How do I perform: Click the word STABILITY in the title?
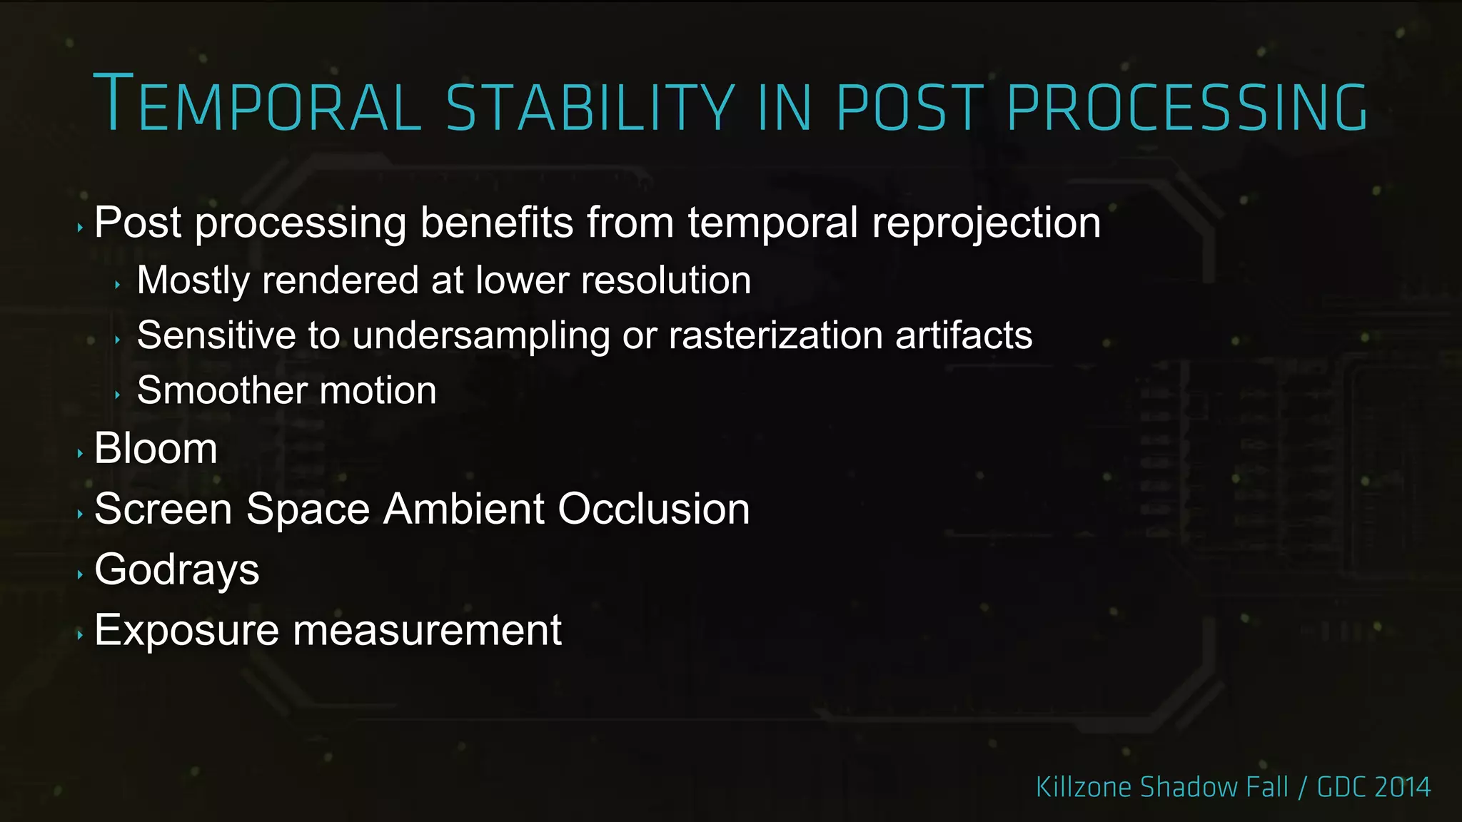click(x=590, y=107)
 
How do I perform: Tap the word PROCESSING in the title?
click(x=1186, y=107)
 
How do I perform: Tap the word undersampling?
click(x=480, y=335)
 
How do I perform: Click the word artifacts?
click(x=963, y=335)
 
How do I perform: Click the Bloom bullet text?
click(x=156, y=448)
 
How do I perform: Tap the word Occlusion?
click(x=653, y=509)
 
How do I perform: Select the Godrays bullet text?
click(x=176, y=570)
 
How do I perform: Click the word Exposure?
click(x=186, y=631)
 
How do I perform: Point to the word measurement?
click(x=427, y=631)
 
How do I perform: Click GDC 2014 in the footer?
click(x=1373, y=787)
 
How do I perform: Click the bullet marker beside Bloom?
click(x=80, y=453)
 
